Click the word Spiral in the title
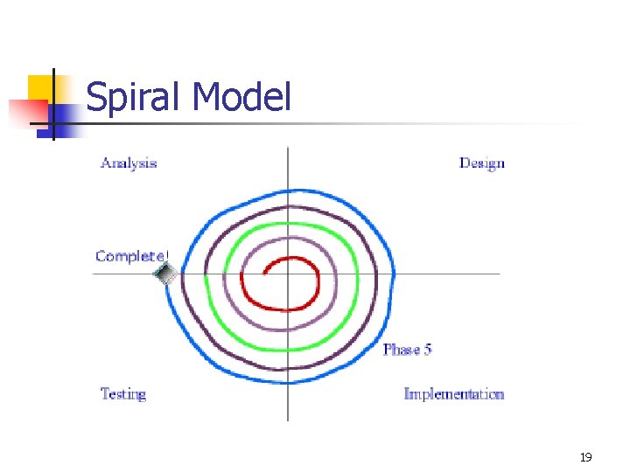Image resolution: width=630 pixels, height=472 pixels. coord(136,97)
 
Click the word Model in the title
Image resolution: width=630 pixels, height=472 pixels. coord(241,96)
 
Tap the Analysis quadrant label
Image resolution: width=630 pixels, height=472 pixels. coord(129,163)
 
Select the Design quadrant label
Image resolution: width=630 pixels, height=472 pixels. coord(482,163)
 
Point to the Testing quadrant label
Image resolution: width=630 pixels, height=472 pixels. coord(123,394)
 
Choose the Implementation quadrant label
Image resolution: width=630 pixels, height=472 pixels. coord(454,394)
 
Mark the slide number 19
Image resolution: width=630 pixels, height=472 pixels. coord(585,457)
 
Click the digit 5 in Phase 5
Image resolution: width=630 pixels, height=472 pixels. coord(428,350)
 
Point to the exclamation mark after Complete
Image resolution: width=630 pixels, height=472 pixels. coord(166,256)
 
